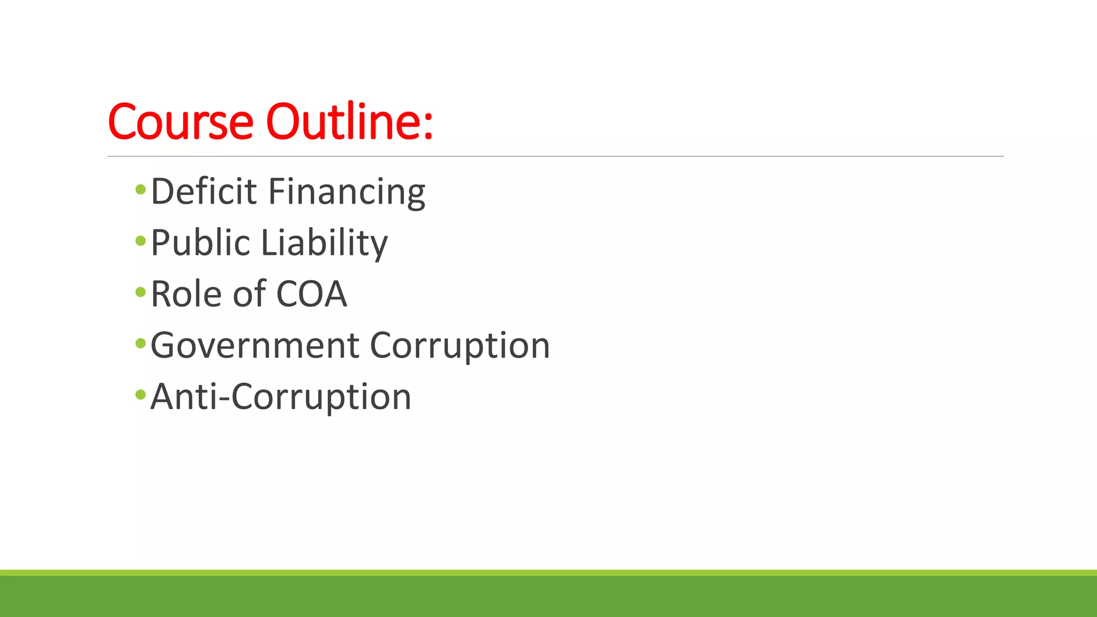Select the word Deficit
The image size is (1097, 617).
click(x=204, y=191)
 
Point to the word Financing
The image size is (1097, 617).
click(x=347, y=192)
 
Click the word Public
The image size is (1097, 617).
click(x=200, y=243)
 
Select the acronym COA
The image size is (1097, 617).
click(x=311, y=294)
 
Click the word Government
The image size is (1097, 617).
click(x=254, y=345)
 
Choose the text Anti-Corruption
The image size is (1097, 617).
click(x=281, y=397)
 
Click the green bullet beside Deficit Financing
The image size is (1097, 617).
click(x=141, y=189)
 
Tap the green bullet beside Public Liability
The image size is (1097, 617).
click(x=141, y=240)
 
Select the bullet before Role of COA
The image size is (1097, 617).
click(x=141, y=292)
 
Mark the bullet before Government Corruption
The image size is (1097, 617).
click(x=141, y=343)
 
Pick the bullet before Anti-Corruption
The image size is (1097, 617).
click(x=141, y=395)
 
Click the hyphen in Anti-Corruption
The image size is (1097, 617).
click(x=224, y=399)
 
